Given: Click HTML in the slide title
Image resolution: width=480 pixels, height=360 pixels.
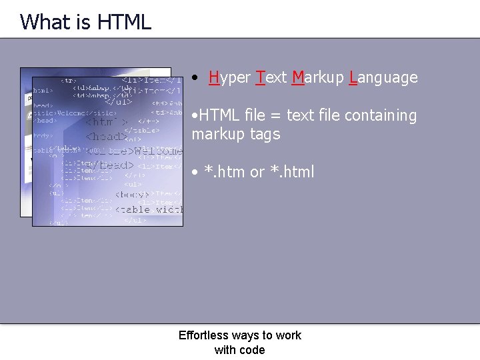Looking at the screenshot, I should (124, 22).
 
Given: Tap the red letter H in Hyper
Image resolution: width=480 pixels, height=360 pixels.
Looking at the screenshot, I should (214, 78).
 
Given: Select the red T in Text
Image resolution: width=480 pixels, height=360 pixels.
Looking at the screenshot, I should (260, 78).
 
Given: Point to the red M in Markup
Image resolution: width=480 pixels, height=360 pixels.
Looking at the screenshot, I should (298, 78).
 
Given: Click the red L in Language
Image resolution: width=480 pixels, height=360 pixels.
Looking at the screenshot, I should (352, 78).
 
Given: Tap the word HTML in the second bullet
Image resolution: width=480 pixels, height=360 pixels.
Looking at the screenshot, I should (217, 116).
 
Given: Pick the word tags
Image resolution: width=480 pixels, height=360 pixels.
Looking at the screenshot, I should (265, 135).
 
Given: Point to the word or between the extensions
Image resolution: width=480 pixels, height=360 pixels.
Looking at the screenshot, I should (257, 172).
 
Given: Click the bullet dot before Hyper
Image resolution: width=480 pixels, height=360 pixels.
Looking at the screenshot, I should (193, 78).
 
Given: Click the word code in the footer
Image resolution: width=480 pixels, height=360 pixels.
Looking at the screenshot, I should (253, 350).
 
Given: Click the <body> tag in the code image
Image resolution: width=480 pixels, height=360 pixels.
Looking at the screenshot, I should (135, 195).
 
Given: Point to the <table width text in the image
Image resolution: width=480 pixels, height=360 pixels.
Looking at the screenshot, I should (149, 209).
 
